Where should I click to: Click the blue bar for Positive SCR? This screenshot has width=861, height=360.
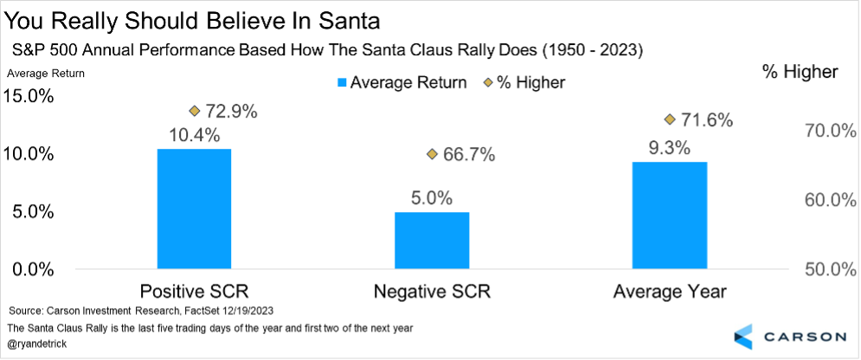tap(194, 209)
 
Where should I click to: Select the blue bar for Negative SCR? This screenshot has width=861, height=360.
tap(432, 241)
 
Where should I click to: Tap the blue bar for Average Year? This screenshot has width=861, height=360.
tap(670, 215)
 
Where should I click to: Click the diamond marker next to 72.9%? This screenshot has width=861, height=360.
tap(195, 111)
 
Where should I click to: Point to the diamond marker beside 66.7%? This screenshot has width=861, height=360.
tap(433, 154)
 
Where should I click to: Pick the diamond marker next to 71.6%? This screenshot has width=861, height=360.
tap(670, 119)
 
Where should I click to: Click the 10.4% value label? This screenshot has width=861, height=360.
tap(195, 135)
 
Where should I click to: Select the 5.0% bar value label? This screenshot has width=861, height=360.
tap(432, 198)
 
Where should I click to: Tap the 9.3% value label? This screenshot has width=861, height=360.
tap(670, 147)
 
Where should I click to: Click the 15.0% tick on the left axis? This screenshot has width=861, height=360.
tap(30, 96)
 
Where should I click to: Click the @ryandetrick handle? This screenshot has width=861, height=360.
tap(39, 344)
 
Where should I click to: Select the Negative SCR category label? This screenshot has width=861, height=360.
tap(432, 291)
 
